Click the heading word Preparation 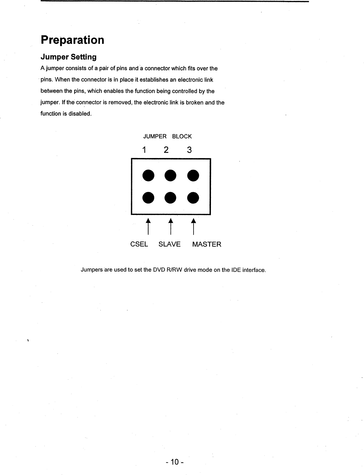coord(72,40)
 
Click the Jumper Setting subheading coord(68,57)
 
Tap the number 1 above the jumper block coord(144,150)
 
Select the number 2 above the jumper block coord(166,150)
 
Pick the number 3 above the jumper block coord(189,150)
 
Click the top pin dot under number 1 coord(148,175)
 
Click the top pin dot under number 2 coord(170,175)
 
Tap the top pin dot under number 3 coord(193,175)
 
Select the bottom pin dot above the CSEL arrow coord(148,198)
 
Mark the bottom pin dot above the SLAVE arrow coord(170,198)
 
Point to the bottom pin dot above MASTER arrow coord(193,198)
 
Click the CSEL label coord(139,244)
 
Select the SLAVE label coord(170,244)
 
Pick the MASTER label coord(206,244)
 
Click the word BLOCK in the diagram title coord(182,136)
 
